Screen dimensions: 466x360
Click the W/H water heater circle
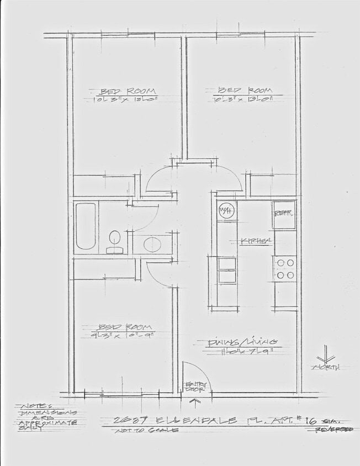click(226, 210)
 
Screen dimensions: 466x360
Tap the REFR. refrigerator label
click(284, 213)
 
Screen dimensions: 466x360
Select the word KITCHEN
click(256, 241)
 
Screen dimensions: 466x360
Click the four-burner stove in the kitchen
click(285, 269)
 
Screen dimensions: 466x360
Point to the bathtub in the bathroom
click(86, 226)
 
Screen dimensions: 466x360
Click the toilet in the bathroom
click(115, 240)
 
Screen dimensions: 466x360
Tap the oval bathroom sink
click(151, 243)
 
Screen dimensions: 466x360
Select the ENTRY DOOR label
click(197, 387)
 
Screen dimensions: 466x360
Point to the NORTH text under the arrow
click(326, 367)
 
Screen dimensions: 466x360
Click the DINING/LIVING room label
click(242, 342)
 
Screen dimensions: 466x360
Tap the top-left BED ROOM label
click(128, 91)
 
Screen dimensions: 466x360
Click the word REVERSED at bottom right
click(333, 429)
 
